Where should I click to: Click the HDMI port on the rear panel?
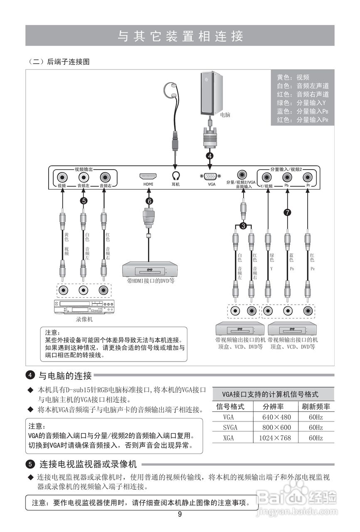click(148, 176)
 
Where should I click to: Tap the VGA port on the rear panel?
click(211, 176)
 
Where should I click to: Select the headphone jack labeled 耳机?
click(175, 176)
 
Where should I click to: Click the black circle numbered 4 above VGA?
click(210, 156)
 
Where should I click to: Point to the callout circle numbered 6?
click(149, 201)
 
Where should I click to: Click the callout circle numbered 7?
click(287, 212)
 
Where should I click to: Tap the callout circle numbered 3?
click(243, 226)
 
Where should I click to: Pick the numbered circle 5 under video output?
click(84, 201)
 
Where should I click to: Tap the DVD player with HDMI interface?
click(150, 270)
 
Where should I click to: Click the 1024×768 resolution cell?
click(275, 438)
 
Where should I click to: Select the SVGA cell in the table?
click(230, 427)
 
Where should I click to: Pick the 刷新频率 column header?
click(316, 406)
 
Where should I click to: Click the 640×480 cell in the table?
click(276, 417)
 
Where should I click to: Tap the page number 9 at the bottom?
click(180, 514)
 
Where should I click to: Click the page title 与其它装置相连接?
click(180, 36)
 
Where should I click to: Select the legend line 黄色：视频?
click(293, 77)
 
